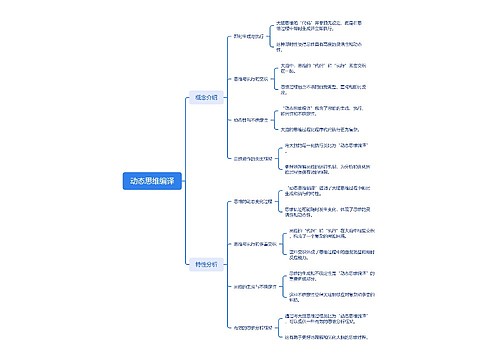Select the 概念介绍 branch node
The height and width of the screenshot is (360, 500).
coord(204,97)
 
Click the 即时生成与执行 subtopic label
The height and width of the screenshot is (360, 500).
coord(249,37)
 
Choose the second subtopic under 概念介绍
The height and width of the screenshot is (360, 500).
coord(250,78)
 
